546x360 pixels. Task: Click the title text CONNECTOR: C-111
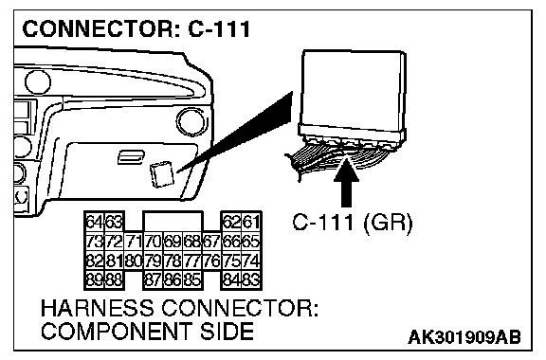click(x=136, y=28)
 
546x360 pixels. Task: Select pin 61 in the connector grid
click(x=250, y=222)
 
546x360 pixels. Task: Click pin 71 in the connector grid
click(x=134, y=241)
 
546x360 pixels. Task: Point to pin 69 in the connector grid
click(x=173, y=241)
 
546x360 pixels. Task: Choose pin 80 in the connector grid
click(x=134, y=261)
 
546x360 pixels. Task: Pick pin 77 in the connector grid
click(x=191, y=261)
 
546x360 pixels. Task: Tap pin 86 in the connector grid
click(x=173, y=279)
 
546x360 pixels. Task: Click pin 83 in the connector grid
click(x=250, y=279)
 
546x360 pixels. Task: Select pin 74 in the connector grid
click(x=250, y=261)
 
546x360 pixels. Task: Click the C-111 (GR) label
click(x=352, y=223)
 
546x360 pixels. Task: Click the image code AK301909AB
click(x=464, y=337)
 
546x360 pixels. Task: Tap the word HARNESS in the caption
click(x=97, y=308)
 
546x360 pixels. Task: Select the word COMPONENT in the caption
click(x=117, y=331)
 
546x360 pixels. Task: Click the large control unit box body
click(x=353, y=94)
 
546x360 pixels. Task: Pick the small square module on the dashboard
click(x=161, y=174)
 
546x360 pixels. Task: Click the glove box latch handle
click(x=131, y=157)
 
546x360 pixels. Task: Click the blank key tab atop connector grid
click(x=173, y=221)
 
